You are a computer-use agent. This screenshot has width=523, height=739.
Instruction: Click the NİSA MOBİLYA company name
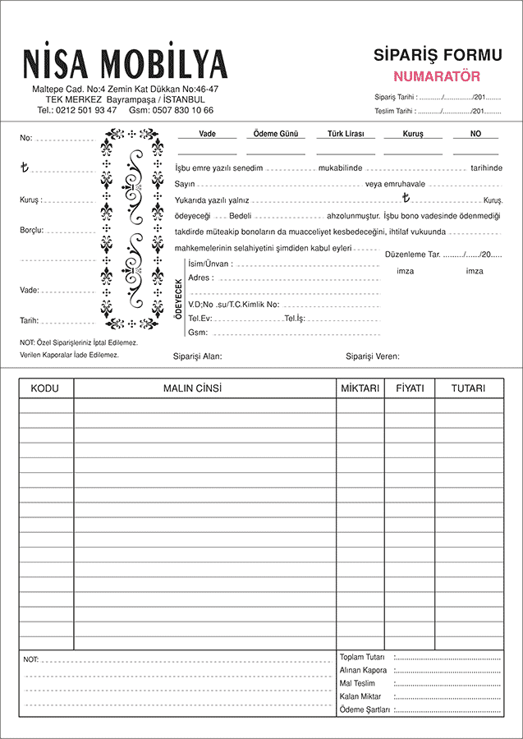click(125, 63)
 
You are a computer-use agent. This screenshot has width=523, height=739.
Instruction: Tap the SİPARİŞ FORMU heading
click(437, 56)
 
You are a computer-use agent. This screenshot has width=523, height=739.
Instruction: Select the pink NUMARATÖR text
click(437, 76)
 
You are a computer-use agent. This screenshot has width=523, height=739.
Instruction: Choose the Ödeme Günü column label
click(275, 134)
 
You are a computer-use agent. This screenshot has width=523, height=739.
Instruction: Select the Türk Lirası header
click(346, 134)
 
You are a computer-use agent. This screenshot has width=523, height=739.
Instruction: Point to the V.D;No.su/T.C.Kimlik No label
click(233, 305)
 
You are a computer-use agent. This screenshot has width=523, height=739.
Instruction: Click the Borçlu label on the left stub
click(32, 231)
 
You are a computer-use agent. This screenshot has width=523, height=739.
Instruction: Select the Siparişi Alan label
click(198, 356)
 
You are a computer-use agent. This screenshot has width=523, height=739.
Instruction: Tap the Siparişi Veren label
click(373, 356)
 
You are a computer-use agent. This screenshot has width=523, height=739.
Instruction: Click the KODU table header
click(46, 388)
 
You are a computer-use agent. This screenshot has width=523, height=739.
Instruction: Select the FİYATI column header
click(409, 388)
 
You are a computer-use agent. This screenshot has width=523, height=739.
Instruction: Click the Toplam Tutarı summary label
click(362, 658)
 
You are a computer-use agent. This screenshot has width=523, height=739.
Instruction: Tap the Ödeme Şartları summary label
click(365, 709)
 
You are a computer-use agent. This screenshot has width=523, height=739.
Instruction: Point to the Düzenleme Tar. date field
click(443, 255)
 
